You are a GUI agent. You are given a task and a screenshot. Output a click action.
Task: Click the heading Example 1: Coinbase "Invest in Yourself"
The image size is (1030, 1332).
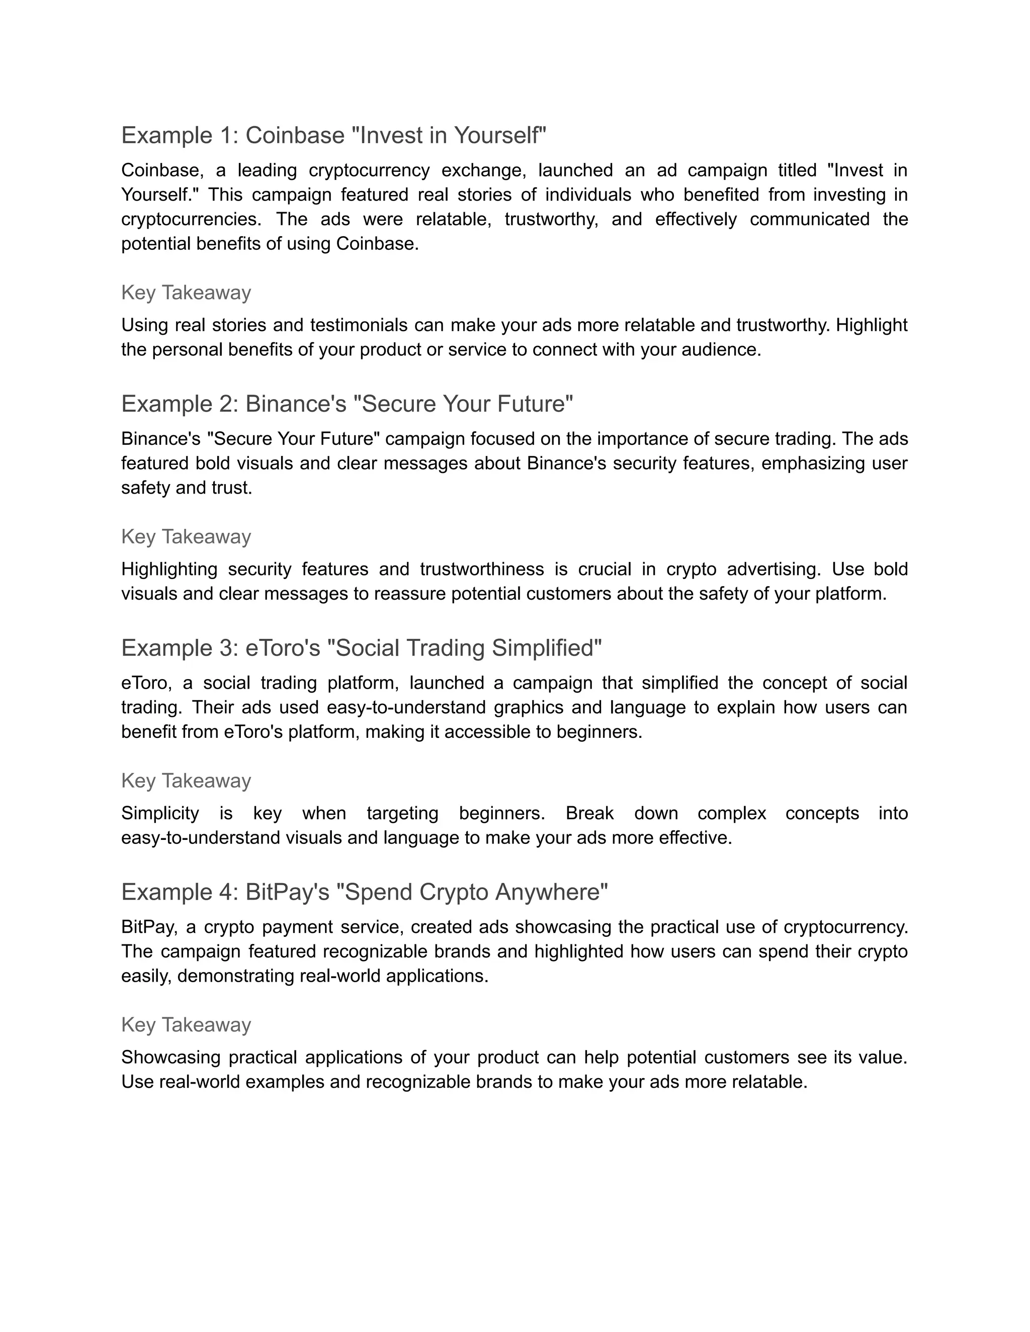334,135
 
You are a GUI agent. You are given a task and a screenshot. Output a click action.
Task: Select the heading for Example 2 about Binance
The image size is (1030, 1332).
347,404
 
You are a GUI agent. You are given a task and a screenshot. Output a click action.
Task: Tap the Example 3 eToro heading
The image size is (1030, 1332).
361,648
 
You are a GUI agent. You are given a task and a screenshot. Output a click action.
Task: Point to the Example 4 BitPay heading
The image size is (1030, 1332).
364,892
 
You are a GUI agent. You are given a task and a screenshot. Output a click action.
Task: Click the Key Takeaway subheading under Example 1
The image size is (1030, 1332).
186,292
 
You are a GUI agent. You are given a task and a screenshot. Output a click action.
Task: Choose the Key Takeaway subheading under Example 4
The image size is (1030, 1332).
186,1024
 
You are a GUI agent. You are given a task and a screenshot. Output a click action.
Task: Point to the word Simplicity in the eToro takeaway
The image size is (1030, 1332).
160,813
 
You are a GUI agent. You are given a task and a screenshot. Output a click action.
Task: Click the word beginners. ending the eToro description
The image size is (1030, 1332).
599,731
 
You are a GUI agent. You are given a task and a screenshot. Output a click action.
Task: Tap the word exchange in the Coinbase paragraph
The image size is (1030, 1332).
483,170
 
